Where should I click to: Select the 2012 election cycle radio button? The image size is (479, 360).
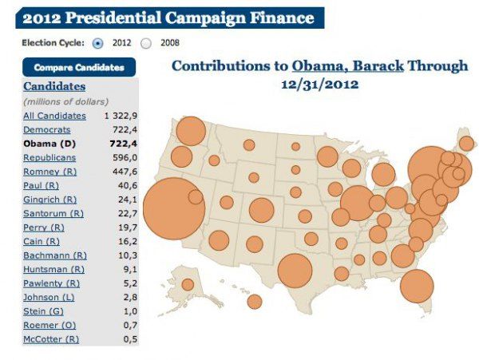tap(98, 42)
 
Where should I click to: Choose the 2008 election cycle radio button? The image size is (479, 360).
tap(146, 42)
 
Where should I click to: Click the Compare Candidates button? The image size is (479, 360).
tap(79, 68)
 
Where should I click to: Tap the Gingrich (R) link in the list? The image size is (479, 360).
tap(49, 199)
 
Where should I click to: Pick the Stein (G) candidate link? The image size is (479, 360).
tap(43, 311)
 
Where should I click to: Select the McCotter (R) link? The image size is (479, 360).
tap(51, 339)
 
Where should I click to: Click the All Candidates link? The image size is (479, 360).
tap(54, 116)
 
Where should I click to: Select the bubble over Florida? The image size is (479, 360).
tap(416, 286)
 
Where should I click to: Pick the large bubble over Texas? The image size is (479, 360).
tap(295, 270)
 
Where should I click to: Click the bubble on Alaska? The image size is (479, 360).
tap(188, 284)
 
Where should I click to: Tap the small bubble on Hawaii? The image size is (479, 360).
tap(255, 301)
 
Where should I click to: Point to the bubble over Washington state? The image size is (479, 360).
tap(192, 131)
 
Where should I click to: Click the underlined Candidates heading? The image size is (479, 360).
tap(54, 86)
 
